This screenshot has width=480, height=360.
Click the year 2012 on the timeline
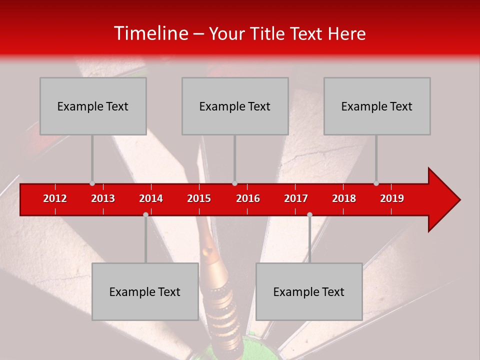(x=55, y=198)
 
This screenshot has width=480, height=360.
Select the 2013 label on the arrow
(x=103, y=198)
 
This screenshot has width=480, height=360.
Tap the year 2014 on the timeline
(x=151, y=198)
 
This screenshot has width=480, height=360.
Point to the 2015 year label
(x=199, y=198)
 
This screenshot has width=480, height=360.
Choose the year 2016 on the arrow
(x=248, y=198)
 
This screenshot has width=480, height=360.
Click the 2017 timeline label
(x=296, y=198)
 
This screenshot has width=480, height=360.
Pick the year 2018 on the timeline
(x=344, y=198)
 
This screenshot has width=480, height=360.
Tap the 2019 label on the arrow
(x=392, y=198)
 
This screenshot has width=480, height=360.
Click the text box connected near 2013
(x=93, y=106)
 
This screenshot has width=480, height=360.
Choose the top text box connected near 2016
(x=235, y=106)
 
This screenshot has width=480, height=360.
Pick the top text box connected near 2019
(x=377, y=106)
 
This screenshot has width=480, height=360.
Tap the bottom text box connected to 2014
(x=145, y=291)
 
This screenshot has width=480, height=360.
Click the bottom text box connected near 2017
(x=309, y=291)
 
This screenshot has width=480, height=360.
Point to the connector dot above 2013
(x=92, y=183)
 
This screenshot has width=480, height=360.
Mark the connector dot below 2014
(x=145, y=214)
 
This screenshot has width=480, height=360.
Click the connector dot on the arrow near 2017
(x=309, y=214)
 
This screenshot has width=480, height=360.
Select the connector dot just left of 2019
(x=376, y=183)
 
